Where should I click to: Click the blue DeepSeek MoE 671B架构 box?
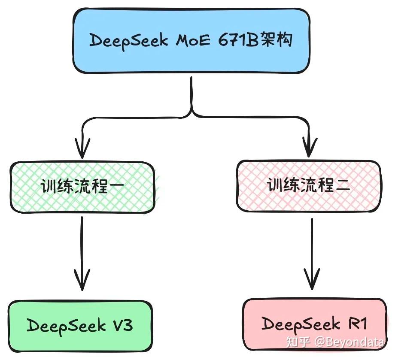click(x=191, y=41)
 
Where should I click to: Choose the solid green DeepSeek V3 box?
click(x=81, y=326)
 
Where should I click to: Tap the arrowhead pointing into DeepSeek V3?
click(x=82, y=281)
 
